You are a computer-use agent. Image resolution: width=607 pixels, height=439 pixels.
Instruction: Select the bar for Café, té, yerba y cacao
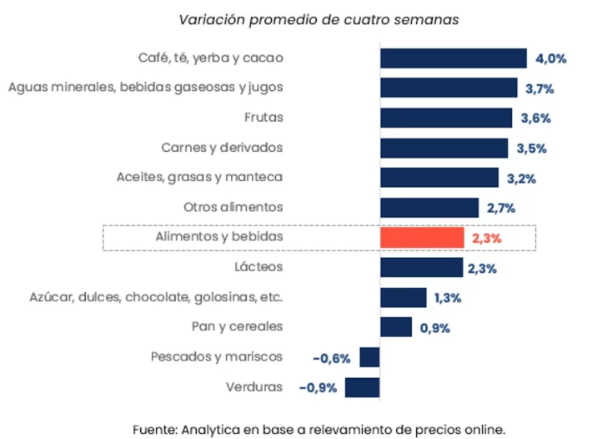453,58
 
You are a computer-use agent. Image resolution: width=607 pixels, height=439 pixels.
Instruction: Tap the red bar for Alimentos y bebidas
422,238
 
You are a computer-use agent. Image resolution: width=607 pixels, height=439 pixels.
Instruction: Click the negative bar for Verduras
362,387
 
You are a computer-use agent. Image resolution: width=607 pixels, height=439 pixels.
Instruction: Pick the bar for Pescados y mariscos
369,357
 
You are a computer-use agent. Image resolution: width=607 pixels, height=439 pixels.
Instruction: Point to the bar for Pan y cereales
396,327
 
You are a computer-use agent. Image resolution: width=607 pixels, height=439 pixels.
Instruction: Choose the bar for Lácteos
421,267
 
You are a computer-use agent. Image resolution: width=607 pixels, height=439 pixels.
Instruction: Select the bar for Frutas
446,118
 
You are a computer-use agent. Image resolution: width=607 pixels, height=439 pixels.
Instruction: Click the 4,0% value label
551,58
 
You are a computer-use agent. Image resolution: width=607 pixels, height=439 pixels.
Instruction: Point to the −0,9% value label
318,388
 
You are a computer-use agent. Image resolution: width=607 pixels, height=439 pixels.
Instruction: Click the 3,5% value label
532,149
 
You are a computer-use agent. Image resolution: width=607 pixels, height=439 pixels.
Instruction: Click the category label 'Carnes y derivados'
222,148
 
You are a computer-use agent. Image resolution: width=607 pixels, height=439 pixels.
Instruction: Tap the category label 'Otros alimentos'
233,207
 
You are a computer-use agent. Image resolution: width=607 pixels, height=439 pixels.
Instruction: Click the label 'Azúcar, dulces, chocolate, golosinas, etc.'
156,297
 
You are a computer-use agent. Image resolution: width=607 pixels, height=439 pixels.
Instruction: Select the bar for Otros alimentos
429,208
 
